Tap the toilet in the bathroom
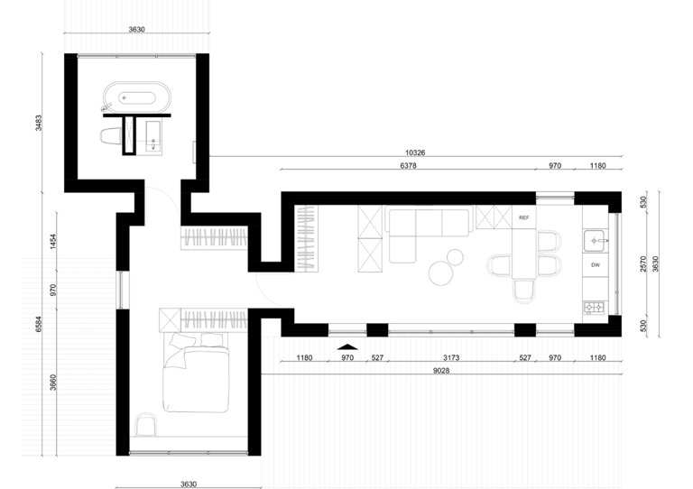coord(111,136)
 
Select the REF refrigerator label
coord(523,217)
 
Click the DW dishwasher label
coord(596,265)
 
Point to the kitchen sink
coord(596,241)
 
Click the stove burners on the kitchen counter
coord(595,307)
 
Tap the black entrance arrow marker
coord(347,346)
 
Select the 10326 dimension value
coord(415,152)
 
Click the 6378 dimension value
coord(408,166)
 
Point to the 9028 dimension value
coord(441,371)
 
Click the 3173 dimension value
coord(451,358)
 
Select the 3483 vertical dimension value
coord(39,123)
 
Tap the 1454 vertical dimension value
coord(53,242)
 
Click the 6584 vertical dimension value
coord(39,324)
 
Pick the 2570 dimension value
coord(643,263)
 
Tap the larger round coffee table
coord(440,273)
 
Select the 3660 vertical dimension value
coord(53,383)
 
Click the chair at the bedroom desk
coord(146,425)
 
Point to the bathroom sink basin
coord(153,138)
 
